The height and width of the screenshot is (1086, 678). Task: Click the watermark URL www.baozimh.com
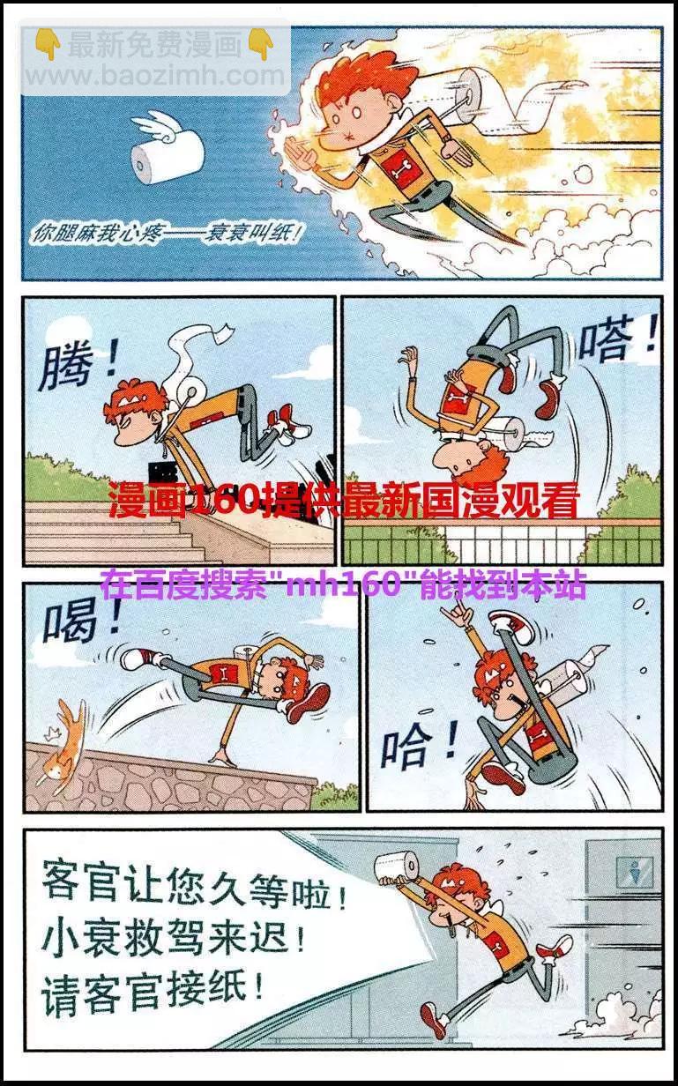[x=155, y=76]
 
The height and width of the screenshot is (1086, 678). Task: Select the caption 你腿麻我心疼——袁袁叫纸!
[x=166, y=235]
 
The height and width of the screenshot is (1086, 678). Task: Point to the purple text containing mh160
[x=343, y=585]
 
